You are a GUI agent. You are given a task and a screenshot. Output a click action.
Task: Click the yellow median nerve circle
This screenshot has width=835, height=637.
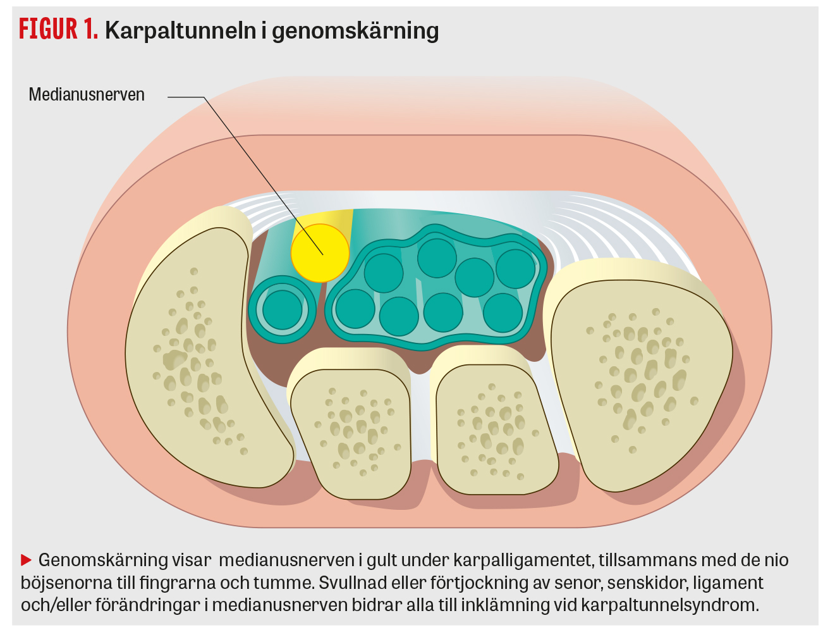click(320, 252)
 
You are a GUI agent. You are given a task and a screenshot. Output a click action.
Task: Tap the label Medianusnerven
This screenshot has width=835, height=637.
click(87, 95)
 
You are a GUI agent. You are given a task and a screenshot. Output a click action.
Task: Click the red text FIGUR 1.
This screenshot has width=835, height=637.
click(58, 29)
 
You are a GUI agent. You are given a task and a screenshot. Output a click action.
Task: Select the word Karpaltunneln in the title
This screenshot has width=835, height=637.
click(180, 30)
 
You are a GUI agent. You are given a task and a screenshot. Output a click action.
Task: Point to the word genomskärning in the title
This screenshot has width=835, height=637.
click(355, 30)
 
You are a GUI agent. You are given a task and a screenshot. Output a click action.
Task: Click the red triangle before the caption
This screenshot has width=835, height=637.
click(27, 560)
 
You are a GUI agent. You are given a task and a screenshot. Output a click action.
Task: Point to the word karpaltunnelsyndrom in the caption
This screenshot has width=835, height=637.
click(669, 605)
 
